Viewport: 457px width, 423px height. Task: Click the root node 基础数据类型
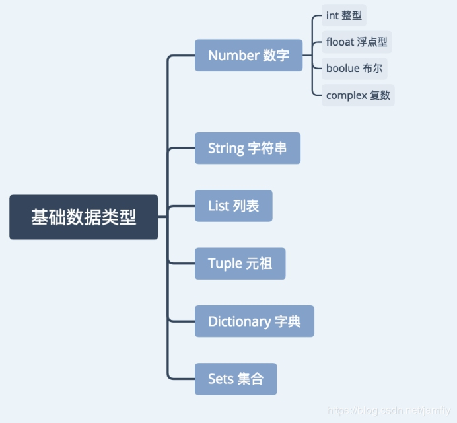point(84,217)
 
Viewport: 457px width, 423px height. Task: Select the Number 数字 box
point(248,56)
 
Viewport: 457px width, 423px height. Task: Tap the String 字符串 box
point(248,148)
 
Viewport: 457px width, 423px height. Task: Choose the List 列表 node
point(233,206)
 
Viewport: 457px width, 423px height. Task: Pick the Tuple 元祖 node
point(240,264)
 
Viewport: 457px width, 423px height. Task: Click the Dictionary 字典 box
point(254,321)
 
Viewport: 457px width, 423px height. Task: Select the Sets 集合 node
point(235,379)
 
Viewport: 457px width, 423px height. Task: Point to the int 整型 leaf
point(343,15)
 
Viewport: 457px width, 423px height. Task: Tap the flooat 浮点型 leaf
point(357,42)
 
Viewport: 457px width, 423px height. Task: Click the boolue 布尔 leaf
point(354,68)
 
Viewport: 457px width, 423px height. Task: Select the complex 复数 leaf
point(358,95)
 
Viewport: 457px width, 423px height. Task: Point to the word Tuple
point(225,264)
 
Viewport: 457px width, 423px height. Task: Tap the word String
point(226,148)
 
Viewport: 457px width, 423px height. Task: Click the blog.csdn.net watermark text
point(389,412)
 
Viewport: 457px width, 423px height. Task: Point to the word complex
point(346,95)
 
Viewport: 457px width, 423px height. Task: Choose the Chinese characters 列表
point(246,206)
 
